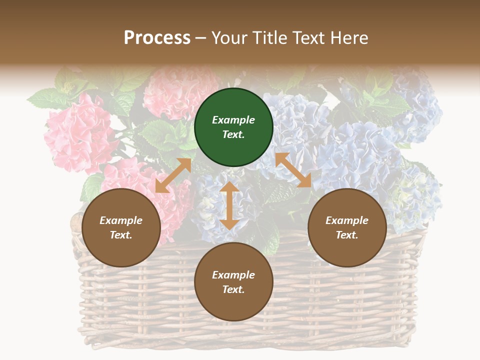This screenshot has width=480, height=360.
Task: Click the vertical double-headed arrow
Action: click(x=229, y=205)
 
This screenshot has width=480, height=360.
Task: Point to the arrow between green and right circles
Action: click(x=293, y=170)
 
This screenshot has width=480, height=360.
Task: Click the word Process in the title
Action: click(x=157, y=38)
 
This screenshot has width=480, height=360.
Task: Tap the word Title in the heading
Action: click(x=269, y=38)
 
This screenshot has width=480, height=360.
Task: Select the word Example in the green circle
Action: click(x=233, y=120)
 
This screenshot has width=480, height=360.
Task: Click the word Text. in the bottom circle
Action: click(x=233, y=289)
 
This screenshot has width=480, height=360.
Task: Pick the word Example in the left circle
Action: click(x=121, y=220)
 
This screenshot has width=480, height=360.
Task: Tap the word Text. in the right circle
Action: click(x=347, y=235)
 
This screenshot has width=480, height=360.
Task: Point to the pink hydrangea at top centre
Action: click(x=177, y=92)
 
